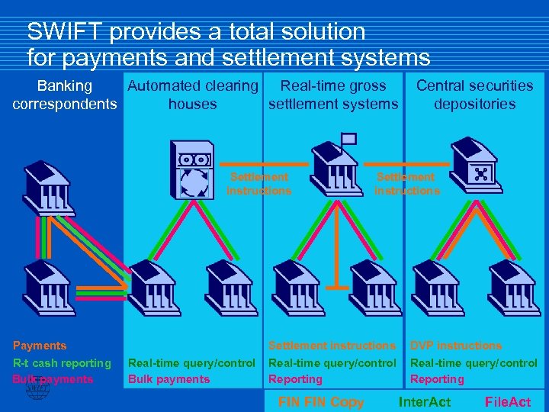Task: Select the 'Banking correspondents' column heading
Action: [x=65, y=95]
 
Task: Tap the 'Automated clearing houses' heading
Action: [x=192, y=95]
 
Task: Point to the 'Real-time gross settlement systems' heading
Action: [x=333, y=95]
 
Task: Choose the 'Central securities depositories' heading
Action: [x=474, y=95]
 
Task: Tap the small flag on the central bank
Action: [x=348, y=139]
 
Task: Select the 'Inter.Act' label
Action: [x=425, y=402]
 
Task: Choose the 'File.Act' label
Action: [x=508, y=402]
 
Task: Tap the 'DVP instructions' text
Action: [x=456, y=346]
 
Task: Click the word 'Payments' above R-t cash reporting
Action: [x=40, y=346]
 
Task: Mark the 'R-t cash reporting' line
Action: [x=62, y=363]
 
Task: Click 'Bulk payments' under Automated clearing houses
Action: [x=169, y=379]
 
